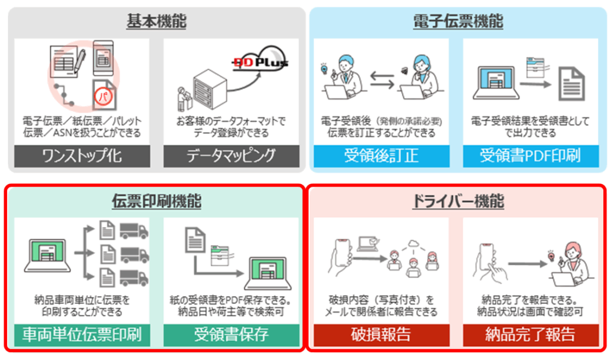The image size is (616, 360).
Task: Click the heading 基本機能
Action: click(156, 21)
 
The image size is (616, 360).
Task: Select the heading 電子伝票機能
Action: click(458, 21)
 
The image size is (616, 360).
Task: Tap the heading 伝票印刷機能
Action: click(156, 201)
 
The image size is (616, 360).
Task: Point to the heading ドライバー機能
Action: click(458, 201)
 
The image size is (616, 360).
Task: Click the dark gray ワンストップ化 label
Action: click(82, 156)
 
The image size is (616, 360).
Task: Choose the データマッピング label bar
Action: click(232, 156)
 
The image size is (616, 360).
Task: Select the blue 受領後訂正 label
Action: click(381, 156)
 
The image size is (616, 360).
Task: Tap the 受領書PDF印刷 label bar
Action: click(531, 156)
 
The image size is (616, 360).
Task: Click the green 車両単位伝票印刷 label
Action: click(82, 335)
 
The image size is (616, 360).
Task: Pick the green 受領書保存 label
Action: click(232, 335)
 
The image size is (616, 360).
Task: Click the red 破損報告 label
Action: click(381, 335)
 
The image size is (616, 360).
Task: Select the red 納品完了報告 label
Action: click(531, 335)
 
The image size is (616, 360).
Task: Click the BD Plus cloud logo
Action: click(260, 59)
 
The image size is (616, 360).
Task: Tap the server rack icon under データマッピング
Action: click(210, 90)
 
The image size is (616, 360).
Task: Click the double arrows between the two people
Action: click(382, 80)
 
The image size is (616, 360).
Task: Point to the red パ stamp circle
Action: click(103, 96)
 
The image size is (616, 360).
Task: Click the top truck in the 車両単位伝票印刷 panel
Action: click(134, 231)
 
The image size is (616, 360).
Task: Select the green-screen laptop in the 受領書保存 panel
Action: click(268, 273)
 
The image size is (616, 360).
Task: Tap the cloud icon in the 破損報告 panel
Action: click(413, 244)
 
